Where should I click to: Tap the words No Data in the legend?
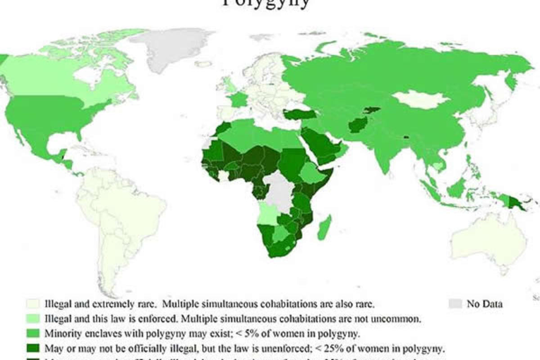[485, 304]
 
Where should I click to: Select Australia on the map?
[488, 243]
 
